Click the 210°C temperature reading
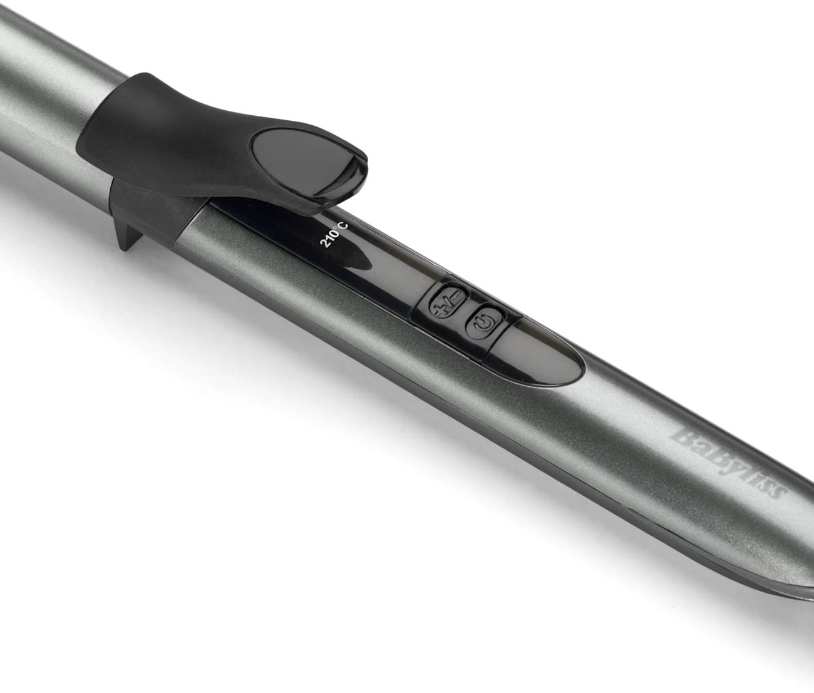(334, 235)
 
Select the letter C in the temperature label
(344, 227)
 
